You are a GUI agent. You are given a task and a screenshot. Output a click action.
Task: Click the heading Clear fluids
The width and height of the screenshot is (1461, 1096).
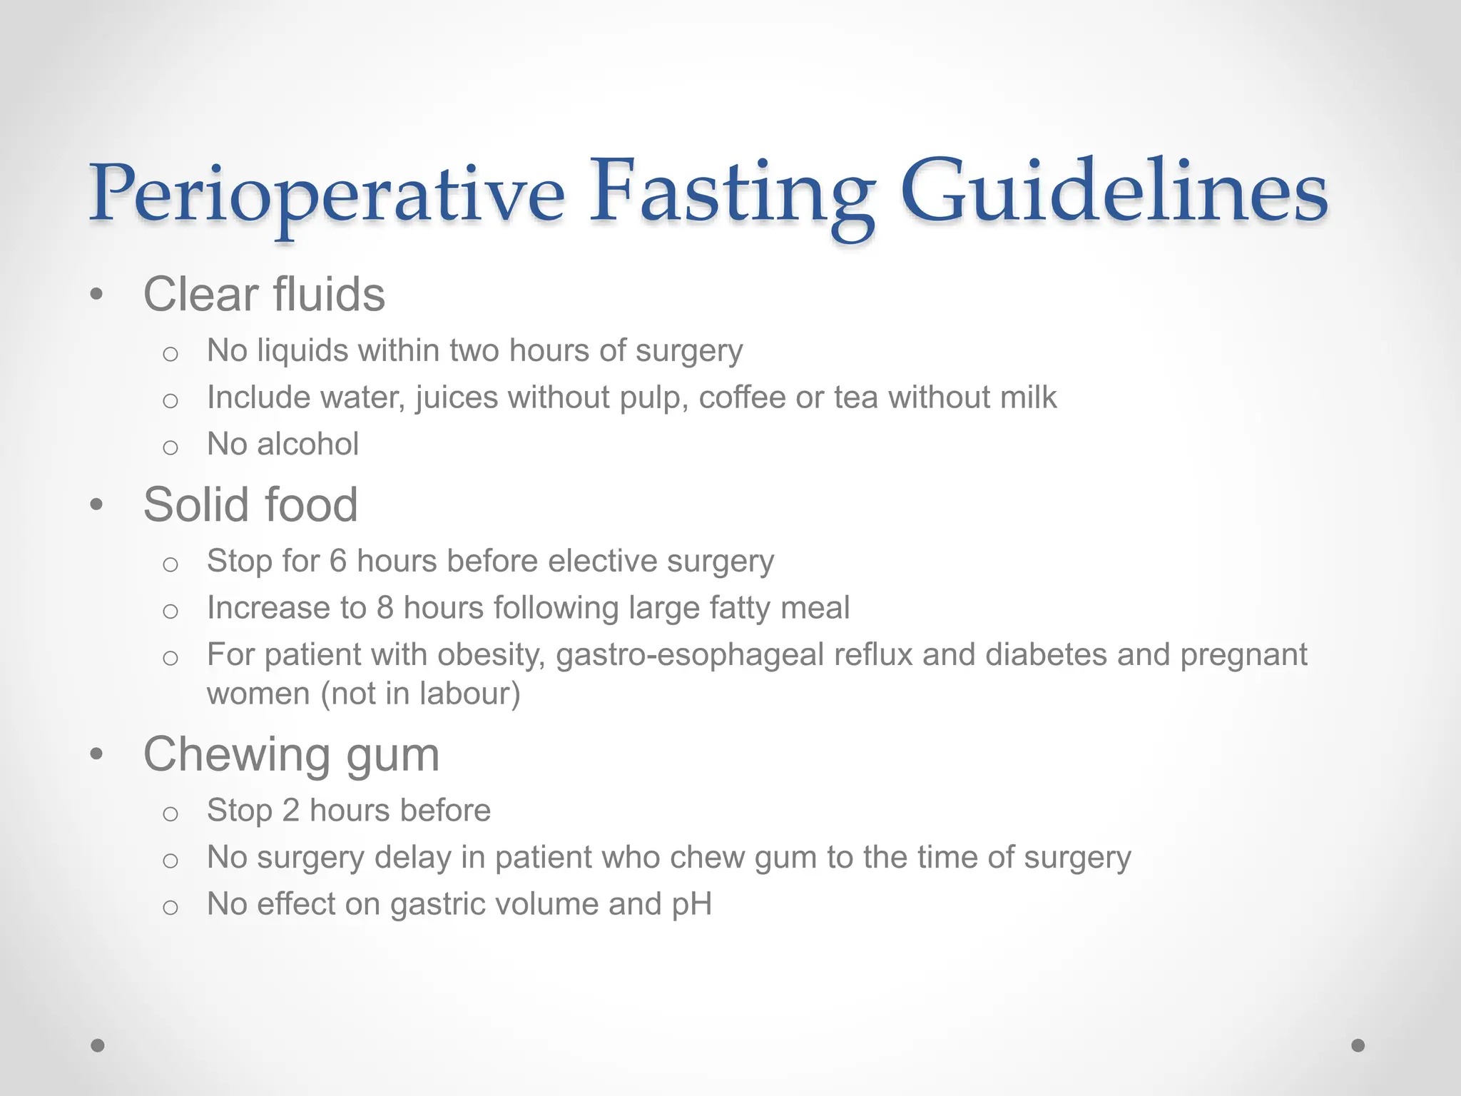coord(264,295)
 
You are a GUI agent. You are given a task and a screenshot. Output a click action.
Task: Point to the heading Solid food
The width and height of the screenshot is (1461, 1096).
coord(250,505)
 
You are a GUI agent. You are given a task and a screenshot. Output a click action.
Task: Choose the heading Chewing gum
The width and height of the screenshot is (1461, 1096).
coord(291,755)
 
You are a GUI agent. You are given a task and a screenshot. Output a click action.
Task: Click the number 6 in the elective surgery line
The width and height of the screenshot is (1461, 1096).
coord(337,562)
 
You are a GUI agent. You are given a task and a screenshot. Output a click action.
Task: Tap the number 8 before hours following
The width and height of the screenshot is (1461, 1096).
coord(385,609)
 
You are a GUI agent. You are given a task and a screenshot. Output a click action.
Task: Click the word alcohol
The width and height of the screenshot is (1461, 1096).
coord(307,445)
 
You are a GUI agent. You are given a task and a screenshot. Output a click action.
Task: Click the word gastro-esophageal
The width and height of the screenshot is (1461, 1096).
coord(690,656)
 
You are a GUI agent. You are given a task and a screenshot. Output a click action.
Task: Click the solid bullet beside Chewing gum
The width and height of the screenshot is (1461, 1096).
coord(97,754)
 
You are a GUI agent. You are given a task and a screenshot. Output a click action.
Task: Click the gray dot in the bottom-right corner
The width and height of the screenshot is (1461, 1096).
coord(1358,1045)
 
